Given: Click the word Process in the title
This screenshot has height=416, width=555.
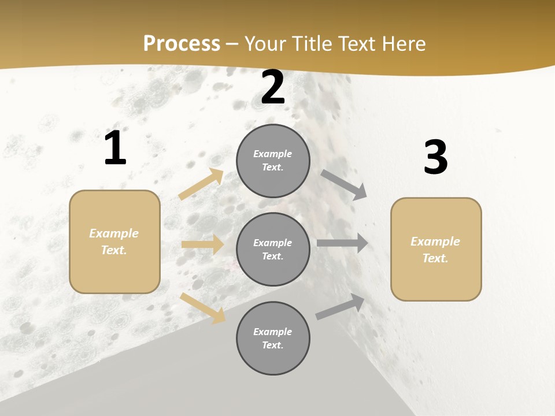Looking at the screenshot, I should [x=182, y=43].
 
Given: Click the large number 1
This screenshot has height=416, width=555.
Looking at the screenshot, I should [x=115, y=148].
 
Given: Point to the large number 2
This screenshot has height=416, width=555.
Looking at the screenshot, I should [x=273, y=87].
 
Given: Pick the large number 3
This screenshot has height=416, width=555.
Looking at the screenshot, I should [x=435, y=157].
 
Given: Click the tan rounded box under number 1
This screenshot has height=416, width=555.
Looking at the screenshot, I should [x=114, y=242].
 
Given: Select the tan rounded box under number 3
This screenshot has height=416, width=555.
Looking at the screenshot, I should [x=436, y=250].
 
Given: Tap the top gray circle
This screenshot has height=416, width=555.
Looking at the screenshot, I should [x=273, y=161].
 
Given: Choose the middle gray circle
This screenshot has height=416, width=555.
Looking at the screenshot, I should [x=273, y=250].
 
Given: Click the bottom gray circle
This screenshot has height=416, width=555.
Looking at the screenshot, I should [x=273, y=339].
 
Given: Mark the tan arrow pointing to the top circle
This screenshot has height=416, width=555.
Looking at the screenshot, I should [x=201, y=184].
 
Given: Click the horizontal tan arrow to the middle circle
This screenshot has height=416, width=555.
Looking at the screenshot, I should [x=202, y=244].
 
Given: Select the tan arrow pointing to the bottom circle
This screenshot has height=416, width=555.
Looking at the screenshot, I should [x=203, y=307].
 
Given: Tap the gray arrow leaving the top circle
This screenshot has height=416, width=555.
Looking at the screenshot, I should [x=344, y=184].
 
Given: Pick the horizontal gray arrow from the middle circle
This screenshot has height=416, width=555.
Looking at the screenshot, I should [x=342, y=243].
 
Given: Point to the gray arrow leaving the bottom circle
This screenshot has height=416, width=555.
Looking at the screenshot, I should [x=341, y=307].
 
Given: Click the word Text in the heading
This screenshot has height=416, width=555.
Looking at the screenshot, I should [x=357, y=43].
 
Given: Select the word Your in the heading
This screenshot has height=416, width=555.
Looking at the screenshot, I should [x=264, y=43].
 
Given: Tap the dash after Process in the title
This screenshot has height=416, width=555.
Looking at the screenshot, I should [x=232, y=43].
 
